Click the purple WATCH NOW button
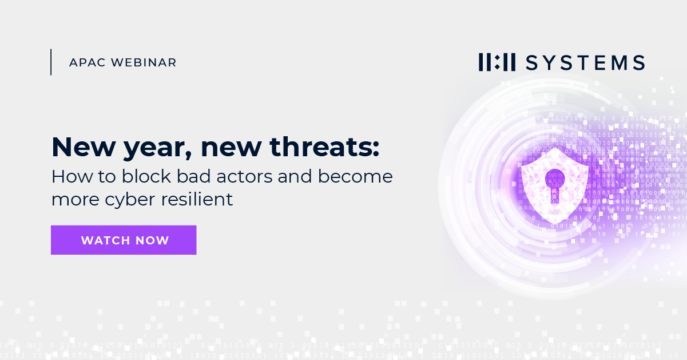pyautogui.click(x=124, y=240)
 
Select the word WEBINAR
pyautogui.click(x=146, y=62)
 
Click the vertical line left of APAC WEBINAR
pyautogui.click(x=51, y=62)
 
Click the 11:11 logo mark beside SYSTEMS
pyautogui.click(x=497, y=62)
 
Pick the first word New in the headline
pyautogui.click(x=77, y=148)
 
